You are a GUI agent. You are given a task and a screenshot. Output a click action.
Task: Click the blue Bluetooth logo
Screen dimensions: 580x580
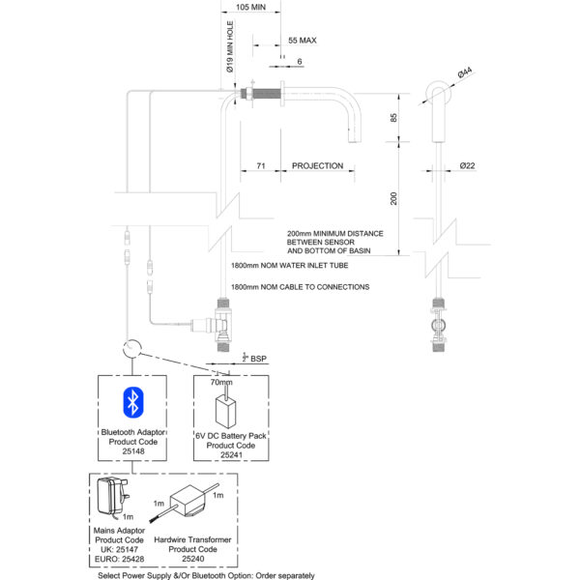pyautogui.click(x=133, y=402)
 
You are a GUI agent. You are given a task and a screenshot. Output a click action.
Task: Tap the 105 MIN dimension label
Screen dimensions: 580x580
pyautogui.click(x=250, y=7)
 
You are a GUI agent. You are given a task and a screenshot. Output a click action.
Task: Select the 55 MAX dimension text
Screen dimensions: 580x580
pyautogui.click(x=303, y=41)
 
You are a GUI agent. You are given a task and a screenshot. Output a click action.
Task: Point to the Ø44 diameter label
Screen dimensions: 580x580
pyautogui.click(x=465, y=72)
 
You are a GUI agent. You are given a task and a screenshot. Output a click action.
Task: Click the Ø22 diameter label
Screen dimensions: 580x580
pyautogui.click(x=467, y=165)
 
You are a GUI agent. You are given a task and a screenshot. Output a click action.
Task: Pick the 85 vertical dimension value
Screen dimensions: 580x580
pyautogui.click(x=393, y=118)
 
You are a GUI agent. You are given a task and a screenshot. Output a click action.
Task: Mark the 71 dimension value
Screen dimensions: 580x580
pyautogui.click(x=261, y=165)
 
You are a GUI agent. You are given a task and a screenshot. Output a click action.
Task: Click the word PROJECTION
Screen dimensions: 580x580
pyautogui.click(x=317, y=165)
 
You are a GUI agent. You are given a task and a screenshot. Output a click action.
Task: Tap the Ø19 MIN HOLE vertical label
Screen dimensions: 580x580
pyautogui.click(x=230, y=46)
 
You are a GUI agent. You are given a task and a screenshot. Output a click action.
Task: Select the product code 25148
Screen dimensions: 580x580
pyautogui.click(x=133, y=451)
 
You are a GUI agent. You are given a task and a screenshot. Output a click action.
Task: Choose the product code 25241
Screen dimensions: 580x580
pyautogui.click(x=231, y=455)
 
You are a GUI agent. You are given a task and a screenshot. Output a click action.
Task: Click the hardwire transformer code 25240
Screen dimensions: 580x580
pyautogui.click(x=192, y=559)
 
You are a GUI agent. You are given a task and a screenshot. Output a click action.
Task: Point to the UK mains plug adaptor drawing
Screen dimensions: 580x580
pyautogui.click(x=112, y=498)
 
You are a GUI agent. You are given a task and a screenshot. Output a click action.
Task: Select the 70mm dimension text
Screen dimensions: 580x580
pyautogui.click(x=221, y=382)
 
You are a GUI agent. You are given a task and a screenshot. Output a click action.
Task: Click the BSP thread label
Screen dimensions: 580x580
pyautogui.click(x=254, y=358)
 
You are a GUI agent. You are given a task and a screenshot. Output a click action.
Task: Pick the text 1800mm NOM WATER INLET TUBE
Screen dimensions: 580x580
pyautogui.click(x=290, y=265)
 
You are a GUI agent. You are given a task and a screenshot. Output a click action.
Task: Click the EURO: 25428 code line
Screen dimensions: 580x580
pyautogui.click(x=119, y=559)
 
